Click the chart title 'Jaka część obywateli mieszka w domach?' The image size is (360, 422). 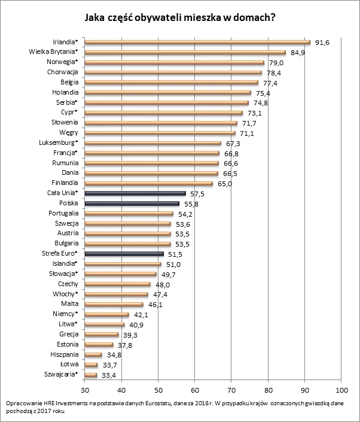(180, 17)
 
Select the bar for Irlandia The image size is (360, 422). (197, 42)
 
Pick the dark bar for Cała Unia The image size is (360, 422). (135, 193)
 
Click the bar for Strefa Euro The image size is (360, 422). (124, 254)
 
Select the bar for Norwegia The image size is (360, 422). (174, 62)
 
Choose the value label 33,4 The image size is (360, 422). (108, 375)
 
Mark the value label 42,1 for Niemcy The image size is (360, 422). (140, 315)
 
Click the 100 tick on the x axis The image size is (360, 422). (341, 387)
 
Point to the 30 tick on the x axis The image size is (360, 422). (85, 387)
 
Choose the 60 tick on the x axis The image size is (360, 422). (195, 387)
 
